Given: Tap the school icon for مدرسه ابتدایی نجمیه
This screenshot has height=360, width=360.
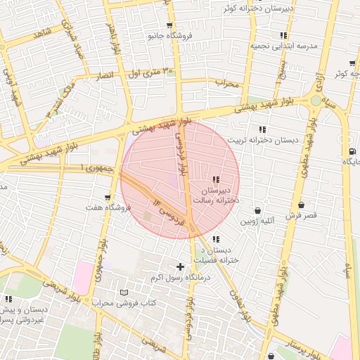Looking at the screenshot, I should point(283,34).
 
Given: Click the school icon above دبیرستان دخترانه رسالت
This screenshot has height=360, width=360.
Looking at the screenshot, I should point(215,179).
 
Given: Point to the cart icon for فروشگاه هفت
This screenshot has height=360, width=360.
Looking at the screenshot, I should point(107,198).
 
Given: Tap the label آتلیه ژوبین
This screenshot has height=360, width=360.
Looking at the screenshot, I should point(257,221).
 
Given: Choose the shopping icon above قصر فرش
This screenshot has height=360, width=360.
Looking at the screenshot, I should point(301,205).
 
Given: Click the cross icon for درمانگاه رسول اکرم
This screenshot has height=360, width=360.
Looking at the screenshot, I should point(181,266).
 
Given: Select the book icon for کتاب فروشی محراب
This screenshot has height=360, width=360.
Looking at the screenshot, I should point(124,292).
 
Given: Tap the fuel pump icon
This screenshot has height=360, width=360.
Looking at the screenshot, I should point(351,151).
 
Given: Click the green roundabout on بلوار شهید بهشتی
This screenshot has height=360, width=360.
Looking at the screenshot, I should point(314,103).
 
